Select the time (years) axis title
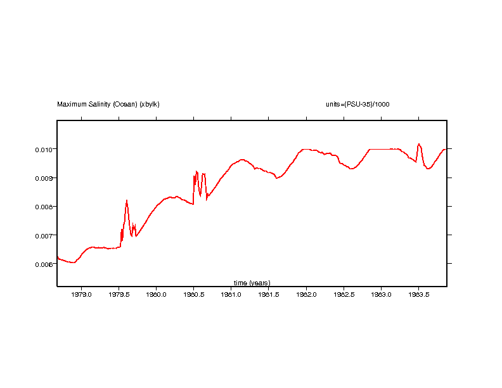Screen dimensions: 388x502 [252, 282]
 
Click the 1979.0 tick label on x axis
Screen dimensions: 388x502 [82, 294]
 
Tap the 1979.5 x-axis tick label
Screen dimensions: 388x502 [119, 294]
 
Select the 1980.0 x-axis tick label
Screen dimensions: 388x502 [156, 294]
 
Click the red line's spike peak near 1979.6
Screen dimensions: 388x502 [127, 200]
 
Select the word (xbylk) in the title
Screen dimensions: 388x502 [150, 104]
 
